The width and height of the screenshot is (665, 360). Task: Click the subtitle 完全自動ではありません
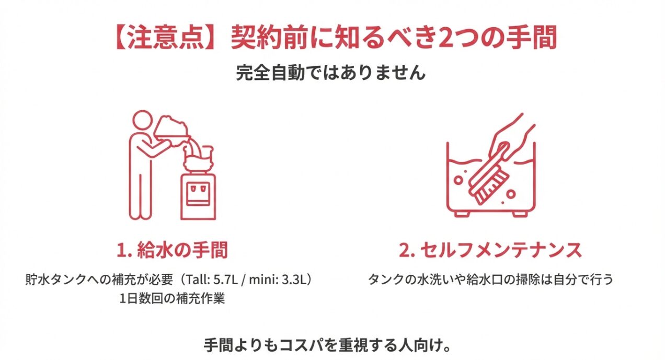point(330,73)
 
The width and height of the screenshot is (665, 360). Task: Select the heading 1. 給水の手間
point(172,250)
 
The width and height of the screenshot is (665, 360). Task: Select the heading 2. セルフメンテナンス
point(490,250)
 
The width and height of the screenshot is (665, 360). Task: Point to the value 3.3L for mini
point(293,280)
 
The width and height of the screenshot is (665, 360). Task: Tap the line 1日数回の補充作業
point(172,300)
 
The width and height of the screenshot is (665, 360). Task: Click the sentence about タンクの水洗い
point(490,280)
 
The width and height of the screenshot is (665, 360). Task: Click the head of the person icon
point(141,121)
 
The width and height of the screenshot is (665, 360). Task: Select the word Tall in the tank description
point(199,280)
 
